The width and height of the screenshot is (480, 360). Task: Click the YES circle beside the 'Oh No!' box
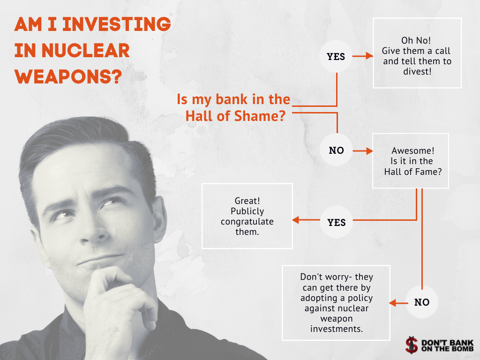[x=336, y=56]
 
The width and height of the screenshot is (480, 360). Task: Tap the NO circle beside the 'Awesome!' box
[x=337, y=150]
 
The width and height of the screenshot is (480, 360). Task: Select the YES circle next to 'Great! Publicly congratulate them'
[x=337, y=222]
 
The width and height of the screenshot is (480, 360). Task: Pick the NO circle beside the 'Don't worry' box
[x=422, y=302]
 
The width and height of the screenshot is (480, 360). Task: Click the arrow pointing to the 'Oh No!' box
[x=363, y=56]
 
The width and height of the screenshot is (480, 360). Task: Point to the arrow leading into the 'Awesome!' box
[x=363, y=150]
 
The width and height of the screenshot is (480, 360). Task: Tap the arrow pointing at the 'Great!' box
[x=306, y=220]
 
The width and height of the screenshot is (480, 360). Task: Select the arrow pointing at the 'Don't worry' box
[x=398, y=303]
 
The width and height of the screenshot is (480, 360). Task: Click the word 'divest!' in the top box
[x=417, y=72]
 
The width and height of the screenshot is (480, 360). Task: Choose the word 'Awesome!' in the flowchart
[x=412, y=150]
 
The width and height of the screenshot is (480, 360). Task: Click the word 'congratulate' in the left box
[x=247, y=222]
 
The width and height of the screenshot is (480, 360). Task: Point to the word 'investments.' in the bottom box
[x=337, y=329]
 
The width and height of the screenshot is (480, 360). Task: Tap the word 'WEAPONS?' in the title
[x=68, y=76]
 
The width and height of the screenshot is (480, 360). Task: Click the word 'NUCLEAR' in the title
[x=85, y=51]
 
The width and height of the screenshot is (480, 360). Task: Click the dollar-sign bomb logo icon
[x=412, y=345]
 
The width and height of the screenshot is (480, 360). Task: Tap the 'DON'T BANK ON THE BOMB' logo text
[x=447, y=345]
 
